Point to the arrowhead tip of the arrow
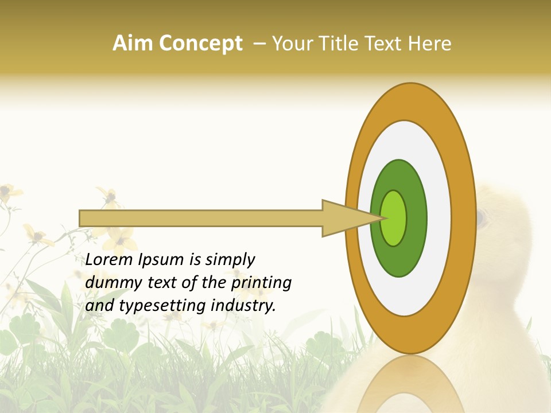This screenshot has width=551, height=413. pos(383,218)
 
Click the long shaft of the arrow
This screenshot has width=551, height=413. pos(201,218)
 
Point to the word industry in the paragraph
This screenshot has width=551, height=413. pos(244,306)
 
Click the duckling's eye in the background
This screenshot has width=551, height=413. pos(481,217)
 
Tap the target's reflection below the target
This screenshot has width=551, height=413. pos(410,384)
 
